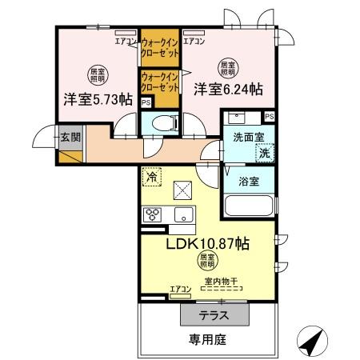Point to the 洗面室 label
(247, 137)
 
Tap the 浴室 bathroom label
(249, 181)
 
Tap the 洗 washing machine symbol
(262, 152)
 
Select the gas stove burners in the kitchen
(152, 214)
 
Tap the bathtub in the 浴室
(249, 206)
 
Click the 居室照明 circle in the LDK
(206, 261)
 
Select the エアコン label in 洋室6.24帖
(194, 41)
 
